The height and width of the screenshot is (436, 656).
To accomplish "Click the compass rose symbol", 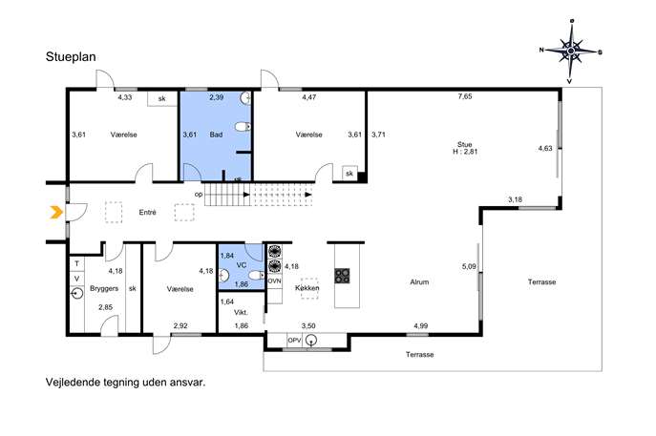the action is (x=571, y=51).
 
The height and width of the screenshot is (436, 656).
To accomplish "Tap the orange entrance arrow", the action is (x=56, y=213).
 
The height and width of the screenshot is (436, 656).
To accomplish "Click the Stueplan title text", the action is (x=71, y=57).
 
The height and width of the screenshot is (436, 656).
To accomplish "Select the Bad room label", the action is (x=216, y=135).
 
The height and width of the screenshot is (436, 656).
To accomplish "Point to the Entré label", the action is (x=147, y=213).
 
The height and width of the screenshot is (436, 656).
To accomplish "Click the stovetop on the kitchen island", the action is (x=342, y=276).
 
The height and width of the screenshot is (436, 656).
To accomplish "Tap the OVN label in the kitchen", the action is (x=274, y=281).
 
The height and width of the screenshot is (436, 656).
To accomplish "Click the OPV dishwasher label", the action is (x=294, y=341).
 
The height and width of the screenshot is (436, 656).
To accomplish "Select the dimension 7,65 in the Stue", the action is (x=465, y=96).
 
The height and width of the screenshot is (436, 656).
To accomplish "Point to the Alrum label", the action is (x=419, y=282).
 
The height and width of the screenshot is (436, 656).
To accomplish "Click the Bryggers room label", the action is (x=104, y=288).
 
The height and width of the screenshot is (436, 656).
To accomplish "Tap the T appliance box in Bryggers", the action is (x=77, y=263).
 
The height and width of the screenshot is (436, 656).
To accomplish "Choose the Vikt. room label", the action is (x=241, y=312).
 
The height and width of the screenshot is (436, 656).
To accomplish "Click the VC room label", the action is (x=242, y=265).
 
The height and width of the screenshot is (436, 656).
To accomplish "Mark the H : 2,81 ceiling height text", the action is (x=465, y=152).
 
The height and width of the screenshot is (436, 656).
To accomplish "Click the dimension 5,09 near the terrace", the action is (x=469, y=266).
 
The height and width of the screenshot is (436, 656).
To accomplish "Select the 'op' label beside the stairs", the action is (x=199, y=195).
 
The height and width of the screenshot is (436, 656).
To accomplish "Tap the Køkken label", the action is (x=307, y=288).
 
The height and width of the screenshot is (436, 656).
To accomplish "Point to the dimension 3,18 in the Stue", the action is (x=515, y=199).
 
